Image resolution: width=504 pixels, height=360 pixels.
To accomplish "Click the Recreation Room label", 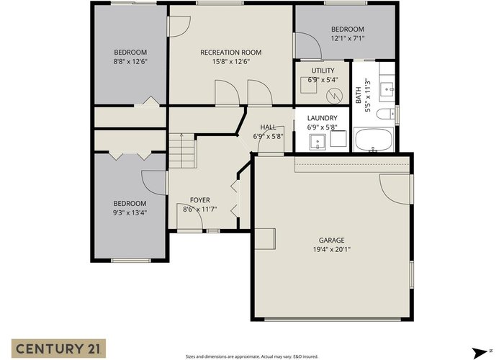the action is [x=231, y=53].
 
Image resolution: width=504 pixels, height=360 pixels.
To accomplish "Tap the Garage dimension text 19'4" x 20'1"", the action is [x=332, y=249].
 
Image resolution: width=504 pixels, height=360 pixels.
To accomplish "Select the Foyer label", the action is [x=200, y=200].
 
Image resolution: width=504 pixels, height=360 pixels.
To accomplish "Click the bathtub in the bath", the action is [x=374, y=140].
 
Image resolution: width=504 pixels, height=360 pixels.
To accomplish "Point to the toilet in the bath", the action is [x=386, y=114].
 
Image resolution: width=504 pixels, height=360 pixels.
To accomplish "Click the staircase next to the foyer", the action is [x=182, y=150].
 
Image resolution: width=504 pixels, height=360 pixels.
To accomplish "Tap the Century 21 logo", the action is [x=59, y=348].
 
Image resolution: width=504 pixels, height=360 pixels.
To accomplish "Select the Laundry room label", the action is [x=322, y=118].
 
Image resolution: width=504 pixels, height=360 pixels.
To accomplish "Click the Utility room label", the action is [x=323, y=71].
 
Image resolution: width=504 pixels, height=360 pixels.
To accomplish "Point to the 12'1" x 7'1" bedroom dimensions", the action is [x=348, y=38].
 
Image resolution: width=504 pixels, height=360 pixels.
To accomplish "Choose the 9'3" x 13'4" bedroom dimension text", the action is [x=130, y=212].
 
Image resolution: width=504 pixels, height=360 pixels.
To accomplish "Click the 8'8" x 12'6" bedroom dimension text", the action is [x=130, y=61].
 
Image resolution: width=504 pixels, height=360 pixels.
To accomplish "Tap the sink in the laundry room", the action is [x=318, y=142].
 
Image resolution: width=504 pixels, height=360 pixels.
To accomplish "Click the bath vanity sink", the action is [x=387, y=89].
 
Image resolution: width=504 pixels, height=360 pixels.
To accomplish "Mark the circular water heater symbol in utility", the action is [x=334, y=96].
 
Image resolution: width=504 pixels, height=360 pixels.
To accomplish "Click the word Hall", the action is [x=268, y=127].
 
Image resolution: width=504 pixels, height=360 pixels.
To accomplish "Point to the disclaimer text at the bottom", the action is [x=252, y=356].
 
